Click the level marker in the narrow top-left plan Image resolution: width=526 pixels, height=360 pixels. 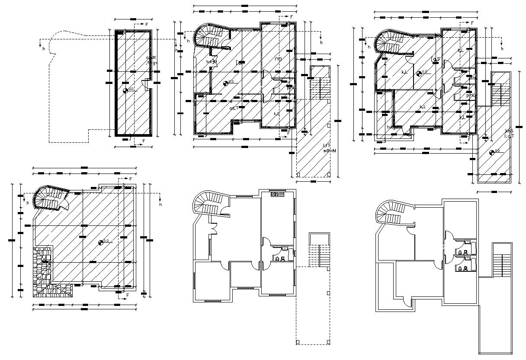point(126,90)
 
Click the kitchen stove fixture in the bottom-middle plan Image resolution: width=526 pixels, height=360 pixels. point(275,194)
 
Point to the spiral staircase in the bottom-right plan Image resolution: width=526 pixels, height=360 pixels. point(392,212)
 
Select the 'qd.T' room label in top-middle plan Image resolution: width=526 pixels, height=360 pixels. point(234,108)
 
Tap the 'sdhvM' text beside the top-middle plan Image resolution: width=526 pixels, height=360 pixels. point(329,151)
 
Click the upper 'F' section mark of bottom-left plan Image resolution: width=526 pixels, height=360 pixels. point(130,179)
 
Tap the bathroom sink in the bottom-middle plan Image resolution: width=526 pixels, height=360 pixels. point(285,248)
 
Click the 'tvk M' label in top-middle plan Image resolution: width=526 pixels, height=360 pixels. point(211,62)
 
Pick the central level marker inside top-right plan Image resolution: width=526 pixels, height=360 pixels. point(419,74)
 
